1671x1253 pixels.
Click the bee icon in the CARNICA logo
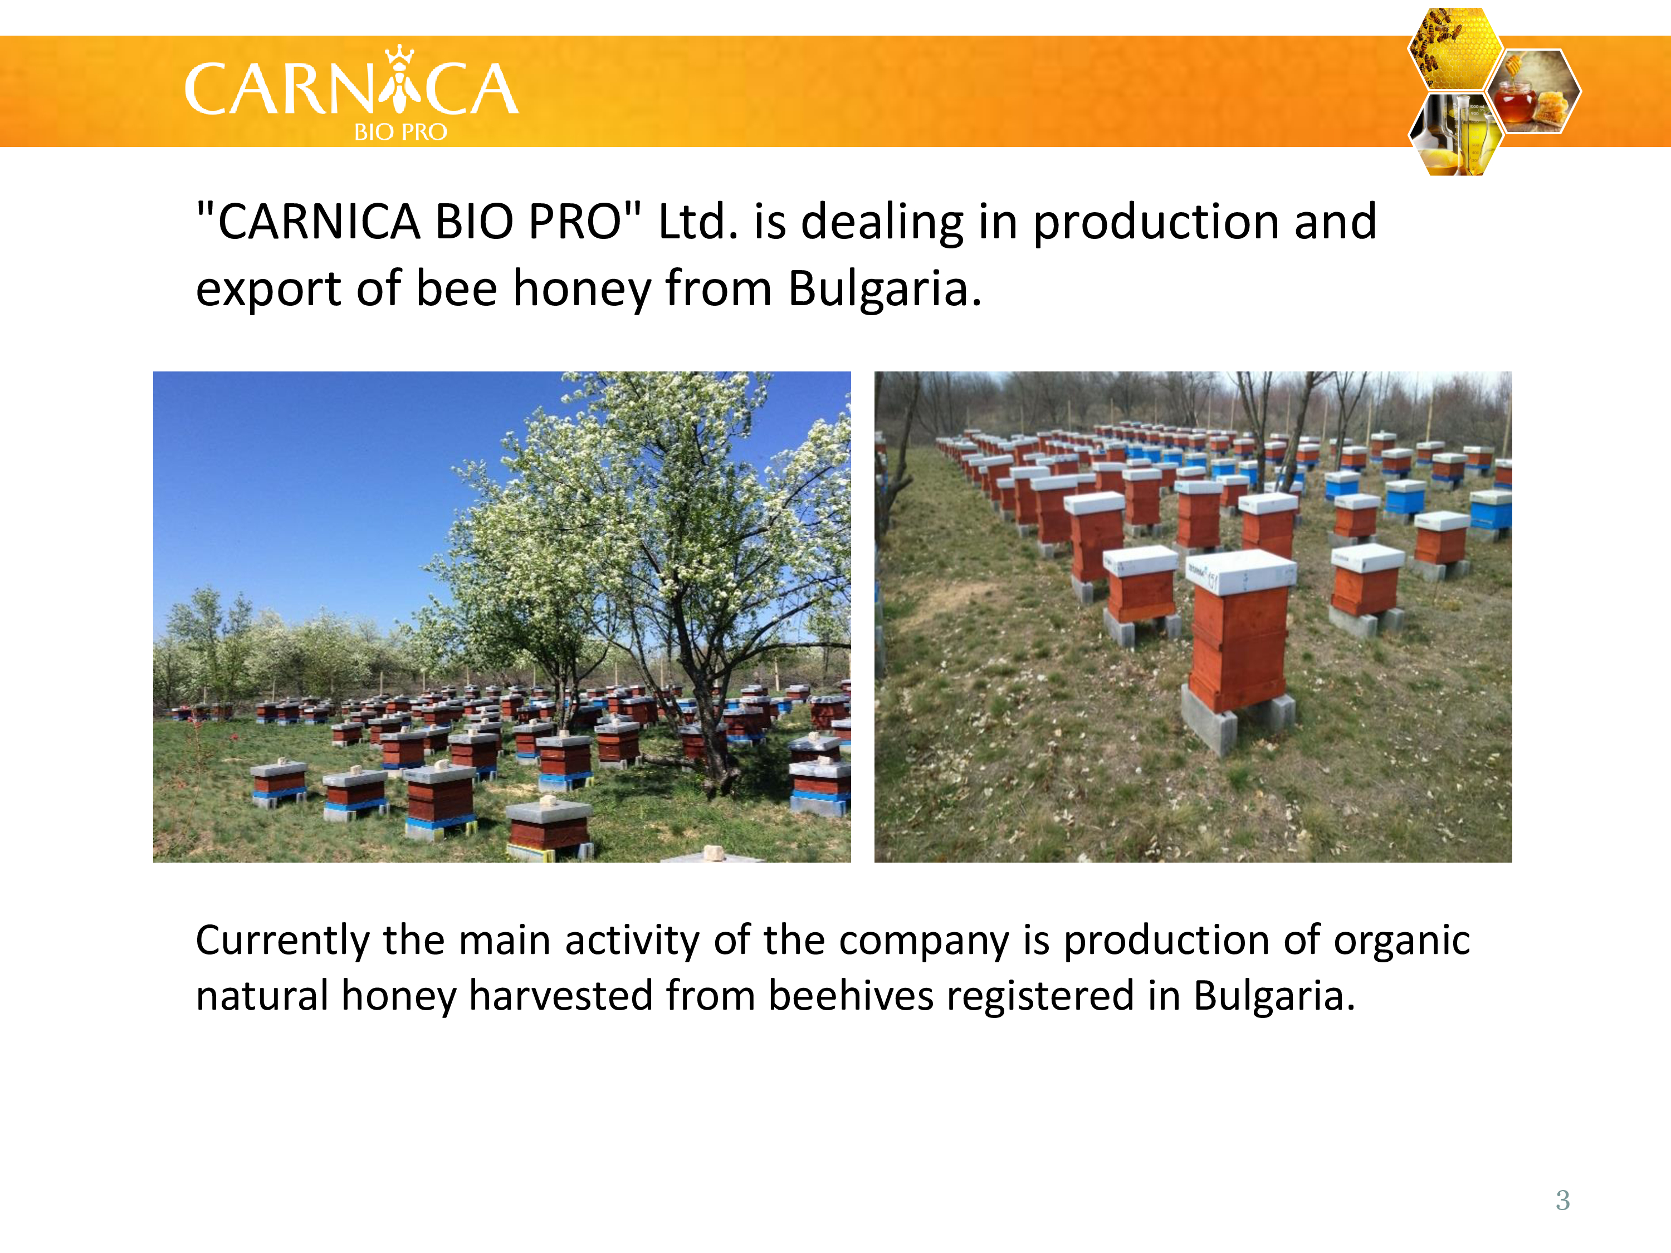tap(399, 79)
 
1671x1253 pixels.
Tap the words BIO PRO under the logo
tap(400, 132)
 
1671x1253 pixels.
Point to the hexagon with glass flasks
tap(1455, 134)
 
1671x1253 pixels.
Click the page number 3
tap(1563, 1200)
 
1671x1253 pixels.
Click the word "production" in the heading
tap(1156, 223)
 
